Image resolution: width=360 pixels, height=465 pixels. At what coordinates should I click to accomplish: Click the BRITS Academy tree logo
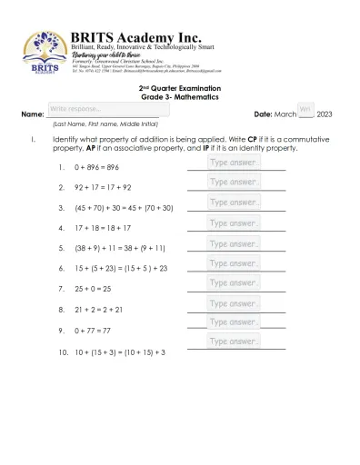click(x=43, y=50)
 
